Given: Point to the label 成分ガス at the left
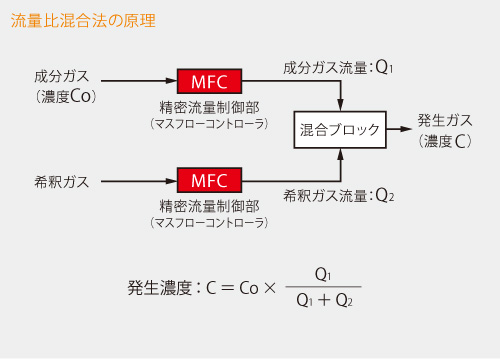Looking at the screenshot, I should coord(61,76).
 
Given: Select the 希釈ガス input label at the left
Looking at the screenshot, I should coord(61,181).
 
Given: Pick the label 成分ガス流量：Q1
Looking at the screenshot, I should coord(339,68).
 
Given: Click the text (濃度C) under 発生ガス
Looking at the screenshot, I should coord(445,141).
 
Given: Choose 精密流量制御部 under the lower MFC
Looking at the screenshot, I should coord(209,205).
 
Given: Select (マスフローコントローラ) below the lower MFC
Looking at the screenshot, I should coord(209,224).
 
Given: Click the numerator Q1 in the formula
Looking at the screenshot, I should coord(322,274).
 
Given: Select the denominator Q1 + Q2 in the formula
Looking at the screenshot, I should coord(322,298).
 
